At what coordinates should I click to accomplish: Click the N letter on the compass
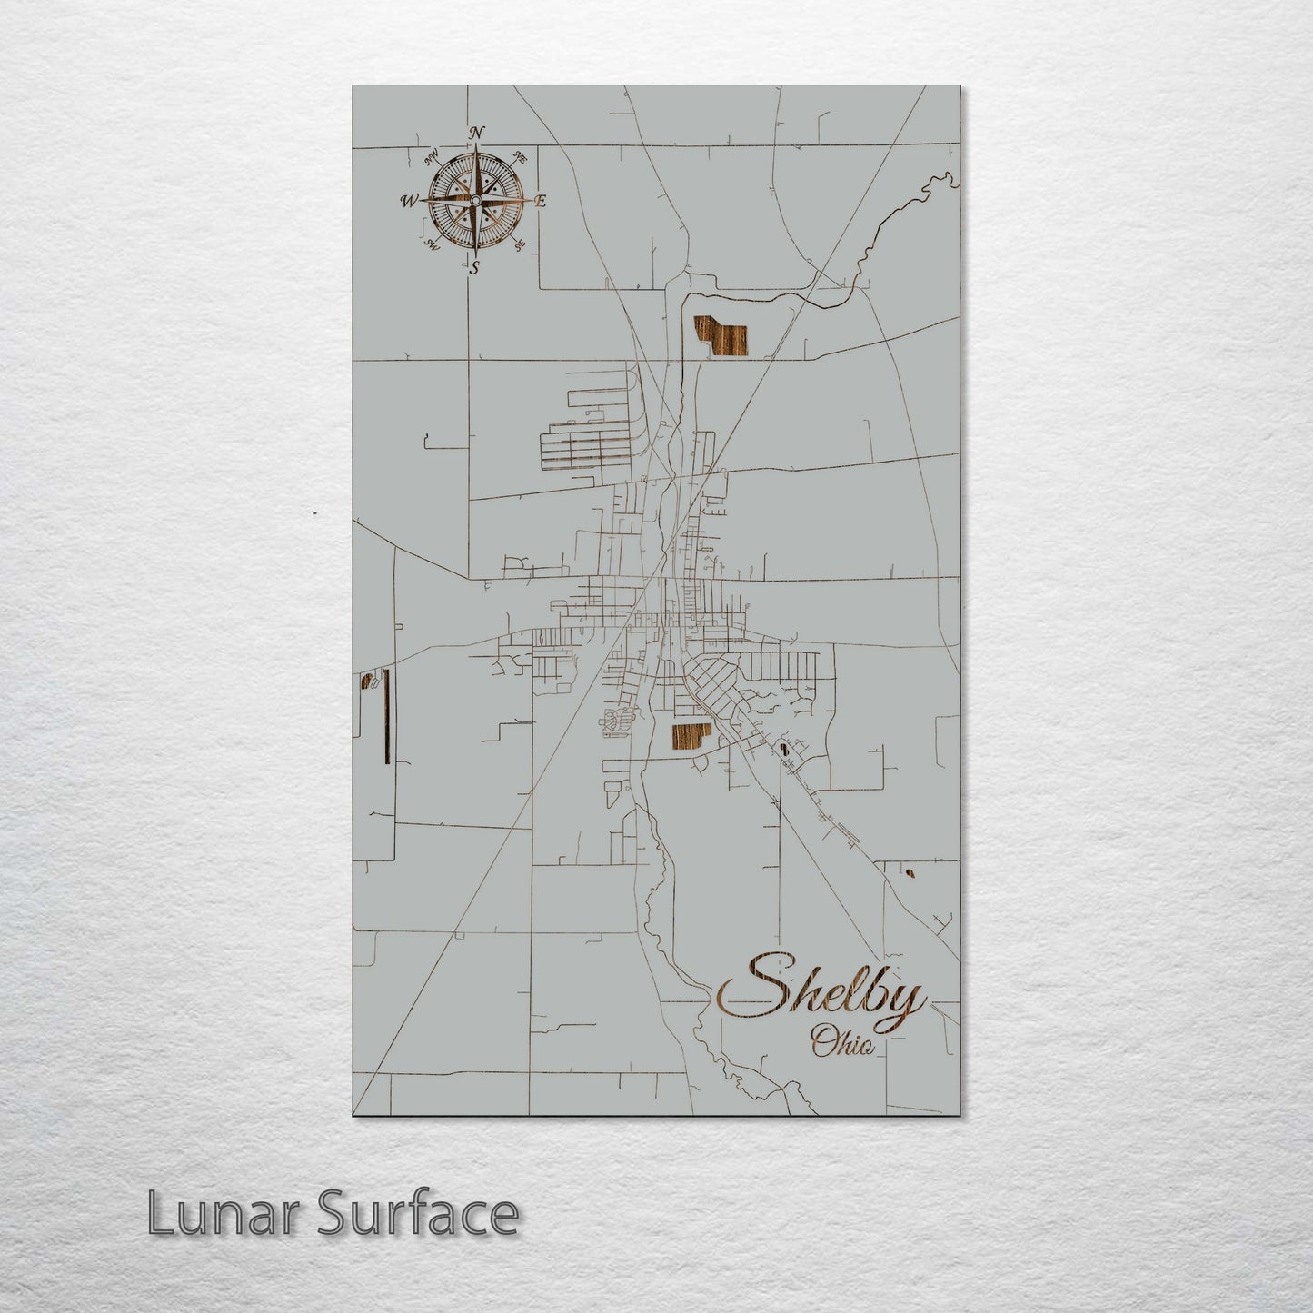click(x=474, y=133)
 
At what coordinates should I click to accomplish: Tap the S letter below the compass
click(x=473, y=267)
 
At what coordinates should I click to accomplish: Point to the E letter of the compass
click(x=539, y=202)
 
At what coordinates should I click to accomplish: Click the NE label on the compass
click(x=521, y=157)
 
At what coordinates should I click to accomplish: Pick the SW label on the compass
click(x=433, y=244)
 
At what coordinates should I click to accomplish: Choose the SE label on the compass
click(x=519, y=244)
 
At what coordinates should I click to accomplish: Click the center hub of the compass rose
click(x=475, y=200)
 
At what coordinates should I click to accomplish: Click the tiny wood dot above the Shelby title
click(x=910, y=875)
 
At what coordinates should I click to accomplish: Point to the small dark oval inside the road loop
click(x=782, y=751)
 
